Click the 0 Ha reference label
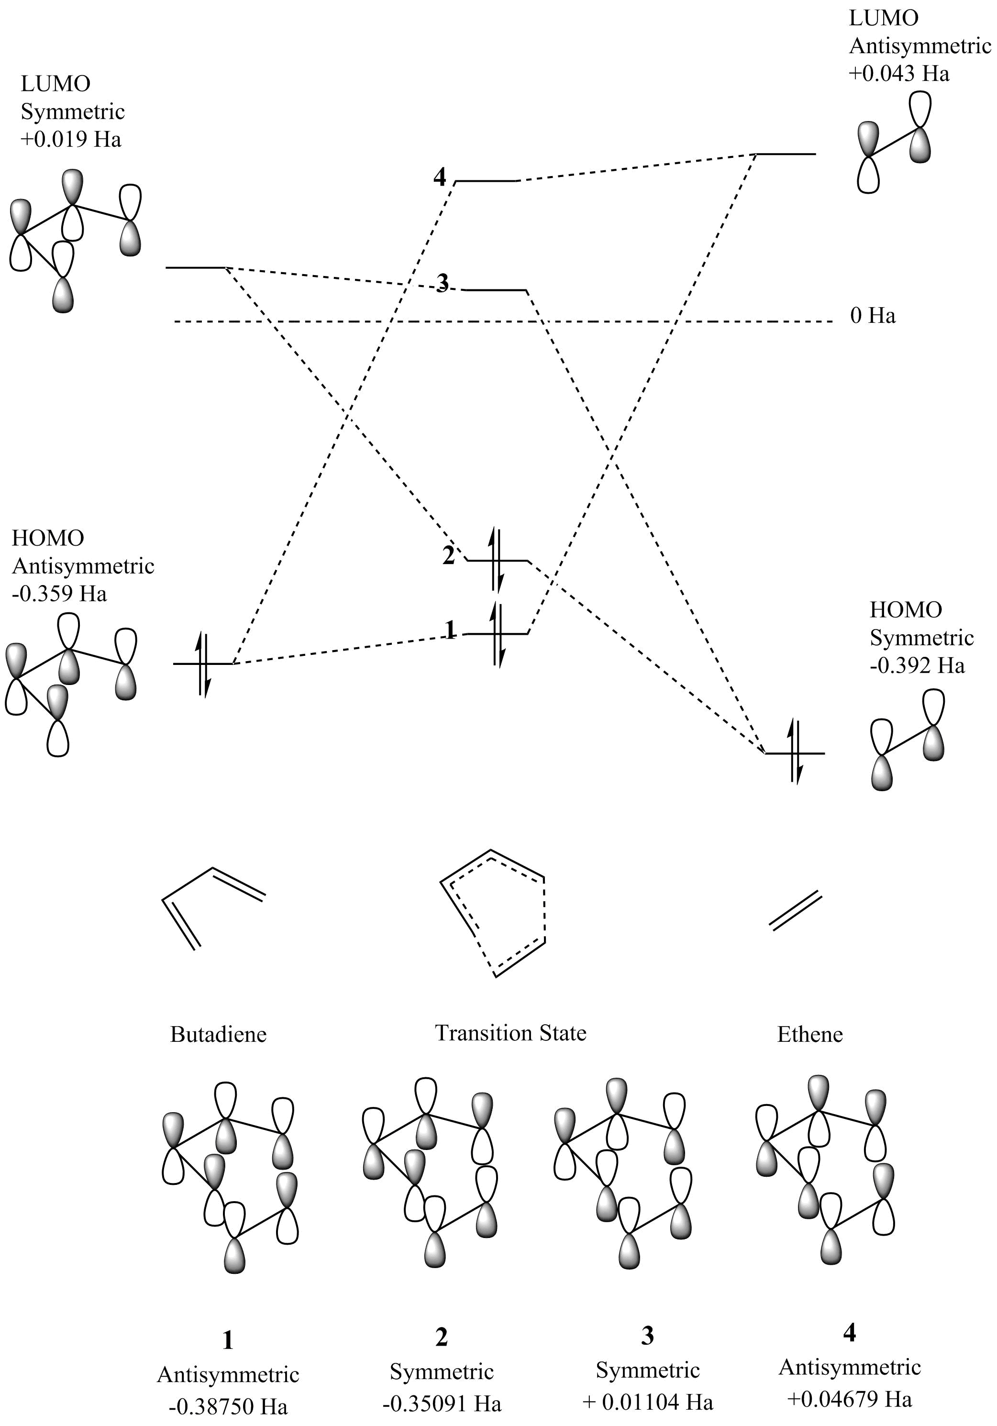(x=873, y=316)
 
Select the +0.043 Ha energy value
(x=899, y=74)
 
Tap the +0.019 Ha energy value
(x=71, y=139)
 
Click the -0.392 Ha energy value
(x=917, y=666)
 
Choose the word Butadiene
(x=218, y=1034)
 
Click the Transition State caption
(x=510, y=1032)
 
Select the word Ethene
(x=809, y=1034)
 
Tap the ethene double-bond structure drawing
(x=796, y=910)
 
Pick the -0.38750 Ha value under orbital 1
(x=228, y=1405)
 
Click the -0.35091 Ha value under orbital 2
(x=441, y=1403)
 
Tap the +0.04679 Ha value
(x=849, y=1399)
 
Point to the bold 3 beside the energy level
(x=442, y=284)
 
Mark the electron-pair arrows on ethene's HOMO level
(x=795, y=752)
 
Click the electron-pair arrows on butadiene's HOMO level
(x=204, y=664)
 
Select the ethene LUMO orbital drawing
(x=895, y=143)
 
